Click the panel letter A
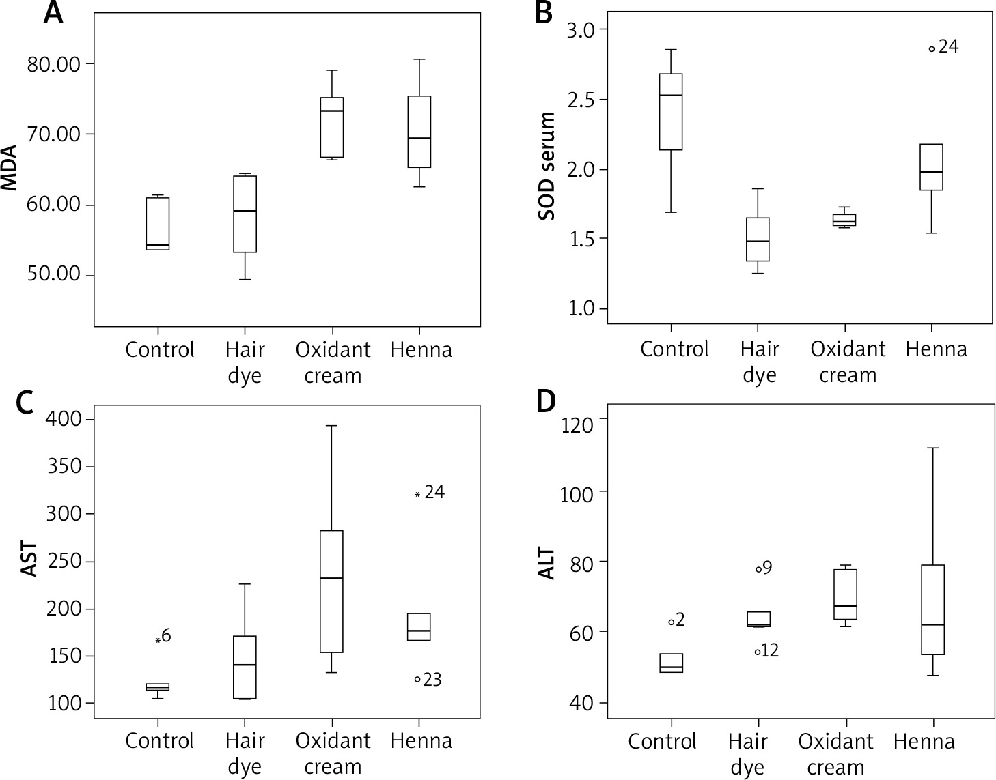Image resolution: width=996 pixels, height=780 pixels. (53, 14)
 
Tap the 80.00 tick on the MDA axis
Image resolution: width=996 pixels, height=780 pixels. (53, 64)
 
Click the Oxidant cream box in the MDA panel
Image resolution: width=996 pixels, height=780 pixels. (332, 128)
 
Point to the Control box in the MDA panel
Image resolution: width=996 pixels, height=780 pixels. (158, 224)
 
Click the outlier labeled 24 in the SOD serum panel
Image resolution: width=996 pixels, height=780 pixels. (931, 48)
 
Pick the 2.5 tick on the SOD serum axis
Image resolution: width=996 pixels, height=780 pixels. (580, 100)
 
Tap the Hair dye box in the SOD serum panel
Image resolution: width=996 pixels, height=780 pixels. (758, 240)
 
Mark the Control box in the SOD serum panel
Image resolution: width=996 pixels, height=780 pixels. (671, 112)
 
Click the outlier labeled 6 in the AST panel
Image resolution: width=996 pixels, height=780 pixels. (158, 640)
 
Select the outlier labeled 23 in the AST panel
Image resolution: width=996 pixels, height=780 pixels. (417, 679)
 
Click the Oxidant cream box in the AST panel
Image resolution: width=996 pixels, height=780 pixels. (332, 592)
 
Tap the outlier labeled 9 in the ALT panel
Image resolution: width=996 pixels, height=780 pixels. (758, 568)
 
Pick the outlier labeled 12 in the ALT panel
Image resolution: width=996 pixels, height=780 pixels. (758, 652)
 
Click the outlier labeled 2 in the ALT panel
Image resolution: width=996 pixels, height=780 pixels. (672, 622)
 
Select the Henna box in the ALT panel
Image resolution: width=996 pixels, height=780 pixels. (932, 609)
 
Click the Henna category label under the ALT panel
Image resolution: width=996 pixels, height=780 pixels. (924, 742)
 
